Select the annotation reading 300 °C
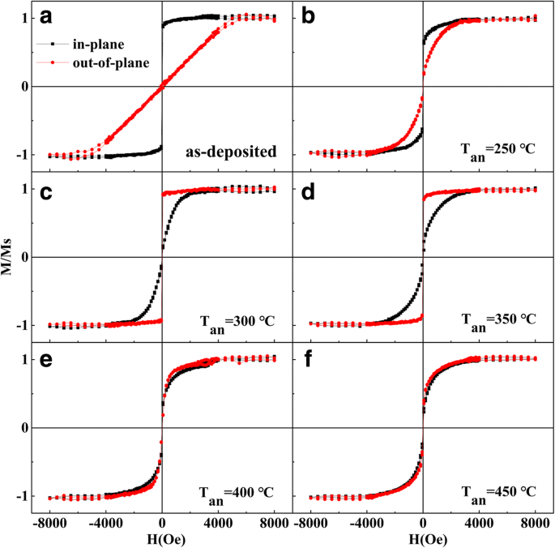tap(237, 321)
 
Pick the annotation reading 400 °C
tap(237, 492)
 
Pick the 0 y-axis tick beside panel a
tap(26, 86)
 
